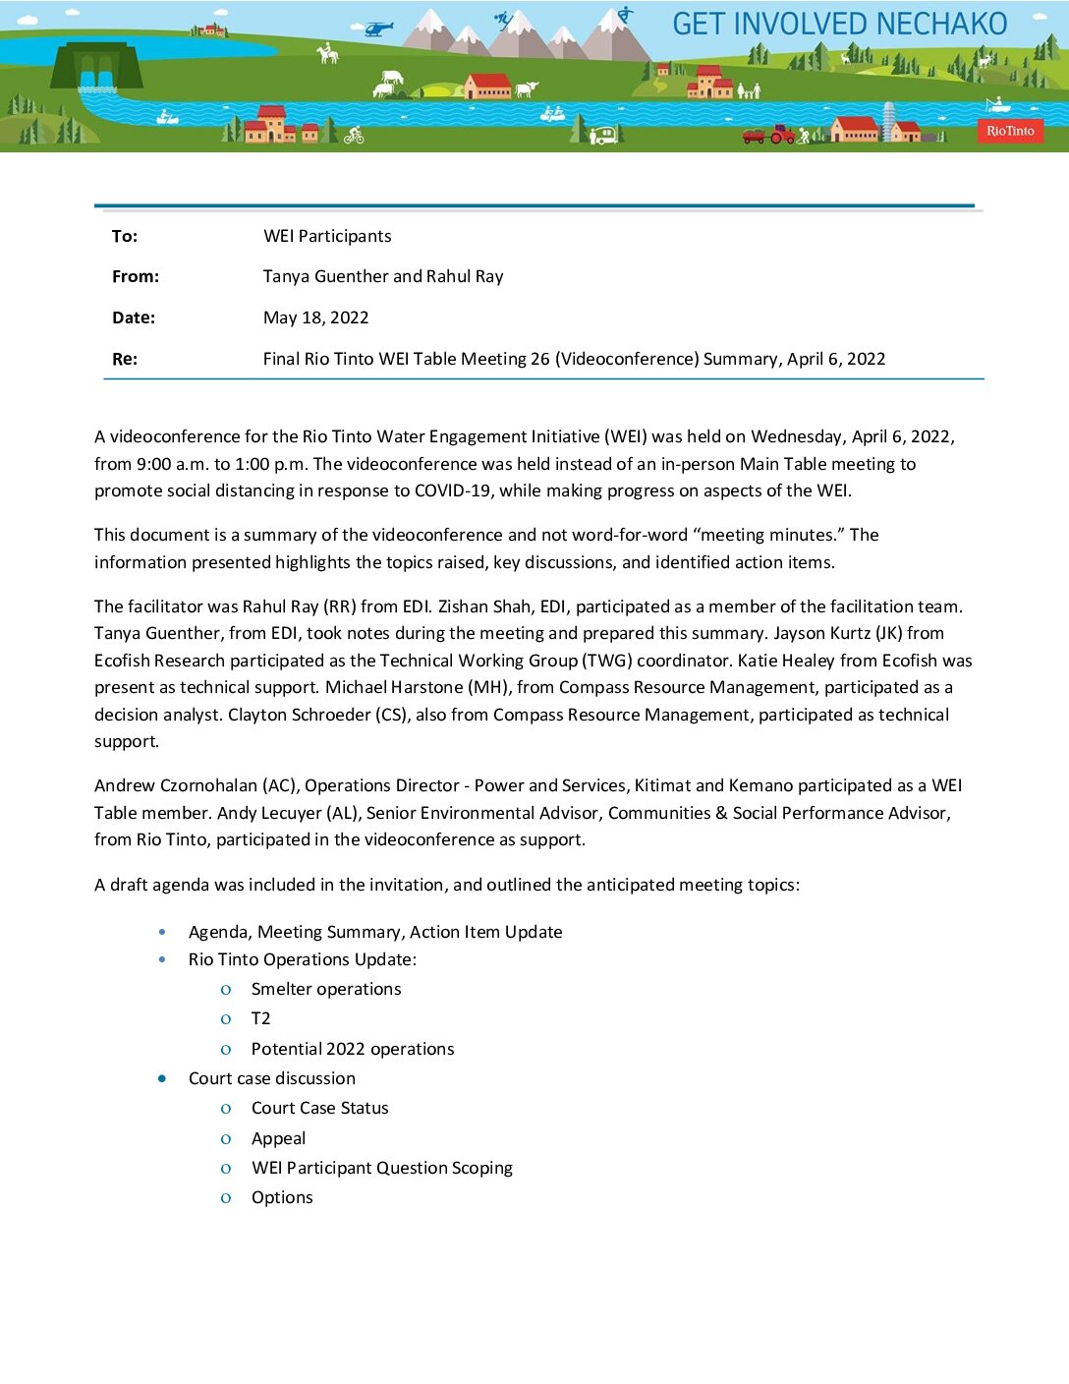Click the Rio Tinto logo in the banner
click(1010, 131)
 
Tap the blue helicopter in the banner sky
click(378, 29)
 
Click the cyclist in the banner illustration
click(354, 135)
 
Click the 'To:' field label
click(125, 236)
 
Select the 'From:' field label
click(136, 276)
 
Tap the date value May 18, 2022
click(315, 317)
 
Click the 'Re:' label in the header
click(125, 359)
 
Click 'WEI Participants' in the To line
click(327, 236)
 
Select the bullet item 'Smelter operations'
click(326, 989)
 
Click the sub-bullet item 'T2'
click(260, 1018)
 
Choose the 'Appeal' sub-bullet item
click(278, 1138)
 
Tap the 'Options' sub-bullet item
click(282, 1197)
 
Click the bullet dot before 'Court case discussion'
click(162, 1078)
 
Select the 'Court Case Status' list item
click(319, 1108)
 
